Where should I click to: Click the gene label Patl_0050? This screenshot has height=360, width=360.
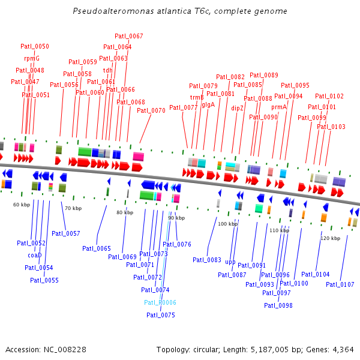pos(35,46)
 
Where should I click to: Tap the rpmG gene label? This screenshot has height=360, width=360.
pos(32,58)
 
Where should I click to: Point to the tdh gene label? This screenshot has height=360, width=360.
pos(108,70)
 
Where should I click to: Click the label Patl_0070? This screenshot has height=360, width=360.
pos(151,110)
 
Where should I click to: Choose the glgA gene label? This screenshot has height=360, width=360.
pos(208,104)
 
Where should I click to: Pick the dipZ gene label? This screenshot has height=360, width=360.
pos(238,109)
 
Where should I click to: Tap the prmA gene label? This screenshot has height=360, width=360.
pos(279,107)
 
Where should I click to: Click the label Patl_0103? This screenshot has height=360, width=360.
pos(331,127)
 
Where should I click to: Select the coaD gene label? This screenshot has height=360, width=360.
pos(34,255)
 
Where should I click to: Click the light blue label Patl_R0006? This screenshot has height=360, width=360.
pos(160,302)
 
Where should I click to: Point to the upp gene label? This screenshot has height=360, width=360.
pos(230,262)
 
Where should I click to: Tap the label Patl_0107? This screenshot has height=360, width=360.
pos(340,284)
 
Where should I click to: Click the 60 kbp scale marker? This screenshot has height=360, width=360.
pos(22,205)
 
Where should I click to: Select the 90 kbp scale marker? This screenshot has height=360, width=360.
pos(176,218)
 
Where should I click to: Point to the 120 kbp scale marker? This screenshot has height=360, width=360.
pos(330,238)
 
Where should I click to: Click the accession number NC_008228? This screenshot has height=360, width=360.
pos(66,349)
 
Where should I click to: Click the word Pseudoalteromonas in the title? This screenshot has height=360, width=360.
pos(106,11)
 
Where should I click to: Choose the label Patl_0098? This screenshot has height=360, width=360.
pos(278,305)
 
